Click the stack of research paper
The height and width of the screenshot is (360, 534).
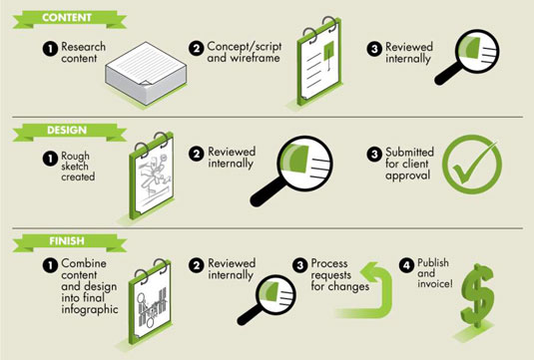click(146, 73)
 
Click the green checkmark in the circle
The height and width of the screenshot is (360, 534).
click(472, 164)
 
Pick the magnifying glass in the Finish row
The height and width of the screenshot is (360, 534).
click(267, 299)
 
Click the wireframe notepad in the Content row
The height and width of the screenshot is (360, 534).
click(318, 61)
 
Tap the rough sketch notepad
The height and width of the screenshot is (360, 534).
click(152, 176)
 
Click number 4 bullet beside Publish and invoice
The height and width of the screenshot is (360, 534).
click(406, 265)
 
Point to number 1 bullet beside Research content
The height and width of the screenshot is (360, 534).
click(50, 49)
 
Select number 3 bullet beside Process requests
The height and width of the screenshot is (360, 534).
click(300, 265)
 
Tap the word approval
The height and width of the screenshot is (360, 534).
click(408, 176)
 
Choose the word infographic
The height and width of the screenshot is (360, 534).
click(90, 309)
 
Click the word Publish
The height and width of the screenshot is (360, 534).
click(433, 262)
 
